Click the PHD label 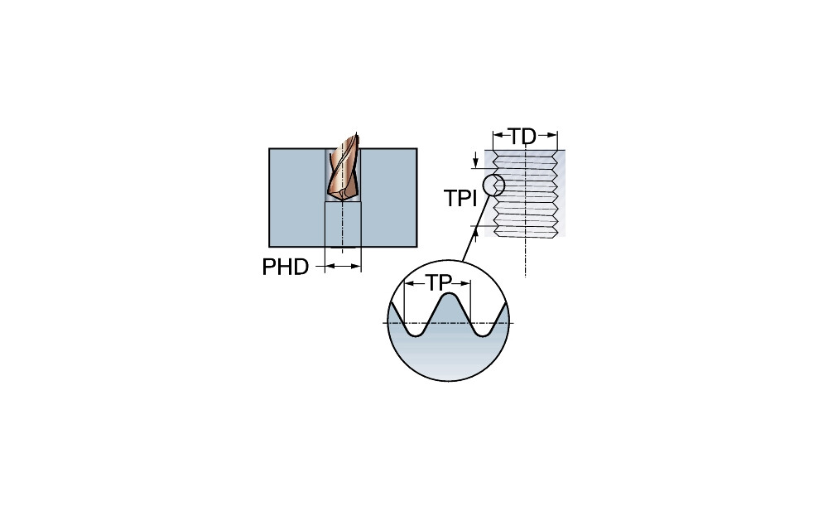click(x=285, y=267)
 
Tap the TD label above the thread click(x=522, y=137)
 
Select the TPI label click(x=460, y=199)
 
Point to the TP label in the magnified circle click(x=437, y=282)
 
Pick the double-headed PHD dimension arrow click(x=343, y=266)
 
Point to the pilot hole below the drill click(x=343, y=224)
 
